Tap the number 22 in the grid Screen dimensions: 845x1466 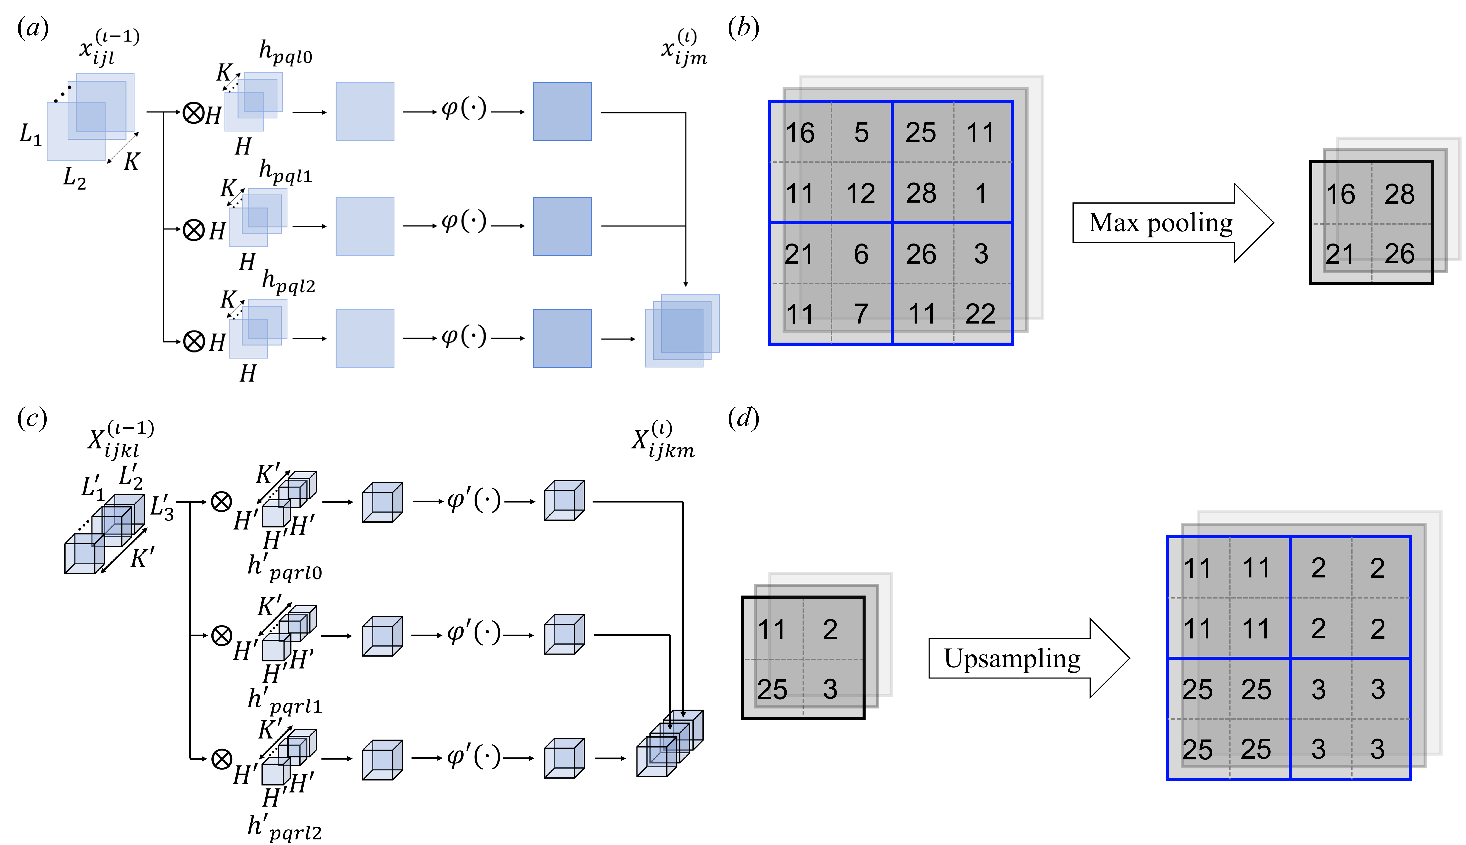(980, 314)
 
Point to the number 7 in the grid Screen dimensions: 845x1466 (861, 314)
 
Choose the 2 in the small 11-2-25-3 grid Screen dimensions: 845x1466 (830, 630)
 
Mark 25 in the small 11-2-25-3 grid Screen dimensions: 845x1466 (772, 690)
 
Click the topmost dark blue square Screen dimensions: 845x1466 (562, 111)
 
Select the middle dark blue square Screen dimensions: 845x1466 (562, 226)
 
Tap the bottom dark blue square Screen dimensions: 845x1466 (562, 338)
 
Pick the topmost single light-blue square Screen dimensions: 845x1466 (365, 111)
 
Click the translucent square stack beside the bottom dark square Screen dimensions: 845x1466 (682, 331)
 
